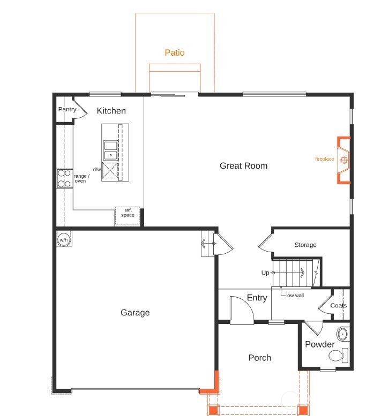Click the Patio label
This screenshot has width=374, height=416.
coord(175,52)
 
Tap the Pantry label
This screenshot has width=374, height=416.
coord(68,110)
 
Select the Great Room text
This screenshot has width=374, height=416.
coord(243,166)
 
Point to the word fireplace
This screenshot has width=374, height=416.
coord(324,159)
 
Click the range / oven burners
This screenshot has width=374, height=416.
coord(64,178)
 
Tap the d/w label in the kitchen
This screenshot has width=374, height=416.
coord(97,170)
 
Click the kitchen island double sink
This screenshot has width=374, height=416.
coord(111,150)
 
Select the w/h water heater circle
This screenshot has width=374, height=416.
coord(64,239)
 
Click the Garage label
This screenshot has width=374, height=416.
coord(135,313)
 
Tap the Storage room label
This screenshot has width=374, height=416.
coord(305,245)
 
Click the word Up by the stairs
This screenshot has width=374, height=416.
coord(265,273)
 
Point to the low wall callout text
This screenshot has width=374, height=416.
coord(295,296)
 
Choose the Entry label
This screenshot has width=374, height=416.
coord(257,298)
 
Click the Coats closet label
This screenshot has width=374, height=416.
coord(339,306)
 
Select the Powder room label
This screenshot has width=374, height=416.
coord(320,344)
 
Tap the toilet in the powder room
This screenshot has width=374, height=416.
coord(338,356)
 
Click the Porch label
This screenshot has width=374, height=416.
coord(260,358)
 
